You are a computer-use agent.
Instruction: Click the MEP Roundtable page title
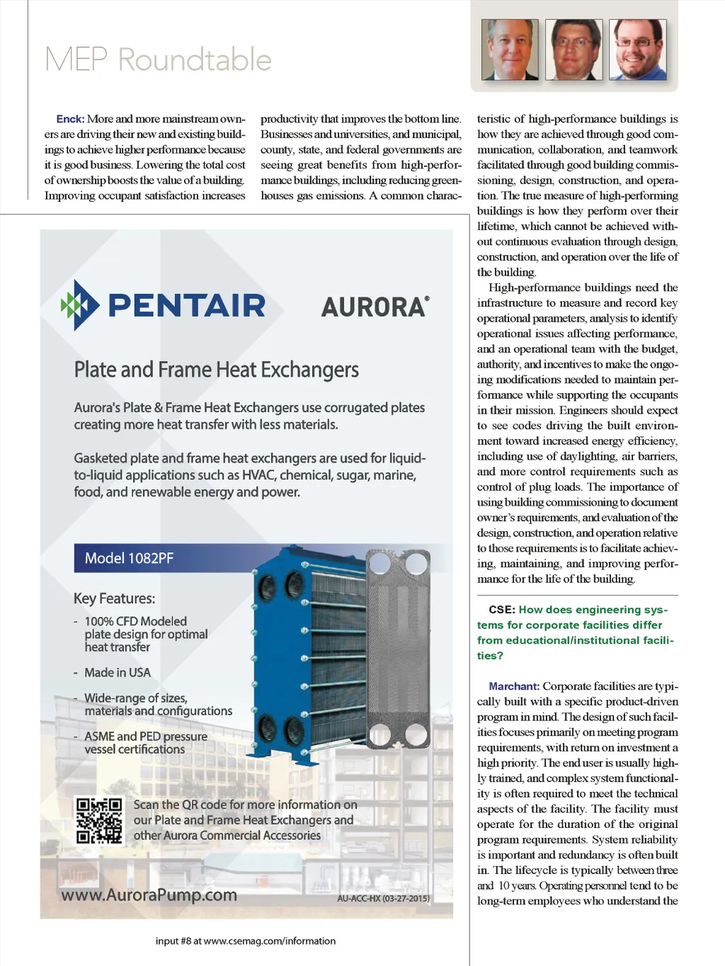[x=158, y=59]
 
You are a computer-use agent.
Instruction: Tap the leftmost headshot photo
[x=510, y=50]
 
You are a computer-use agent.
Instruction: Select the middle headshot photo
[x=573, y=50]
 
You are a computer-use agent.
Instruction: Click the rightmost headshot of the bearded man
[x=638, y=50]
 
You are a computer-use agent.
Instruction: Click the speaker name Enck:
[x=70, y=119]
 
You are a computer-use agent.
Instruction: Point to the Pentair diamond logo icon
[x=79, y=305]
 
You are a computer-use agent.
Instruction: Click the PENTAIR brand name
[x=187, y=306]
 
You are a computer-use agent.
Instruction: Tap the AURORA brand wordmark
[x=375, y=307]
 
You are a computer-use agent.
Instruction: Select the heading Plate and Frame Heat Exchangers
[x=216, y=370]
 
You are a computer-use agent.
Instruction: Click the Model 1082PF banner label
[x=129, y=558]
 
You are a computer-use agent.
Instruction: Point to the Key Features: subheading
[x=114, y=598]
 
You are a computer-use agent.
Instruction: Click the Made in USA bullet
[x=117, y=672]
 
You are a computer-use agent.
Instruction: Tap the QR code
[x=99, y=820]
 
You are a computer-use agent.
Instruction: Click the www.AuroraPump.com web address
[x=149, y=895]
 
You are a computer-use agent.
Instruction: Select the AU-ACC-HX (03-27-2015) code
[x=383, y=899]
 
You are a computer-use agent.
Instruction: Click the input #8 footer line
[x=246, y=941]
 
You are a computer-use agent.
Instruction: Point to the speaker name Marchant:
[x=514, y=686]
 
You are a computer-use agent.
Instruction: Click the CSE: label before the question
[x=501, y=610]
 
